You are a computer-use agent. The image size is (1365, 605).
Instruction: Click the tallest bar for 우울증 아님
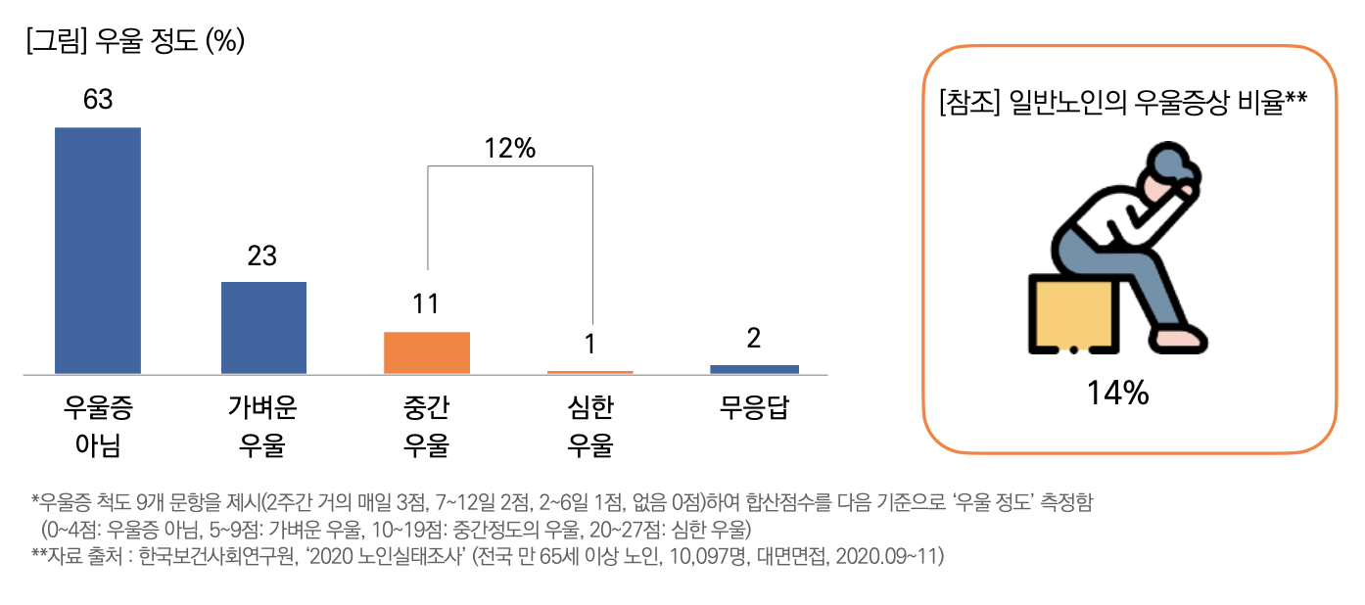point(98,251)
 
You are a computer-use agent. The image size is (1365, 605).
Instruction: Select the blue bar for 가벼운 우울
point(263,328)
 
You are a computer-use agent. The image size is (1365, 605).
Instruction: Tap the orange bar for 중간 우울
point(427,352)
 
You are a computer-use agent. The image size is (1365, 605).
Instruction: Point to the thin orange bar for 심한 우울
point(590,372)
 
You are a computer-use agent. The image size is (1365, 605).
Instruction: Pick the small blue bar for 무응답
point(754,369)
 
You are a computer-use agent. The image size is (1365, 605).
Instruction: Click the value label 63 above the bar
point(98,100)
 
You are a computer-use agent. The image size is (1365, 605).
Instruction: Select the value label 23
point(262,256)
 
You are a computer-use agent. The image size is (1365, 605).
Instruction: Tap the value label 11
point(426,304)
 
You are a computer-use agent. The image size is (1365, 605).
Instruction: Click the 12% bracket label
point(509,149)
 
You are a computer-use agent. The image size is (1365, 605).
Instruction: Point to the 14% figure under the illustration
point(1117,394)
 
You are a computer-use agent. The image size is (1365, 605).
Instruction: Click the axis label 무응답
point(754,408)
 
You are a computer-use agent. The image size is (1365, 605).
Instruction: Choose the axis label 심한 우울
point(590,427)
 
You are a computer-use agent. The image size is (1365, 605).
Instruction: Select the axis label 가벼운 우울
point(262,427)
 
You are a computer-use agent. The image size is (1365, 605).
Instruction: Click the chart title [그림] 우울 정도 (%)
point(136,41)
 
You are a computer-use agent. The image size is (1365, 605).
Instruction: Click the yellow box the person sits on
point(1071,313)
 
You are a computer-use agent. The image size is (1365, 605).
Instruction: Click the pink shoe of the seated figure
point(1179,338)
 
